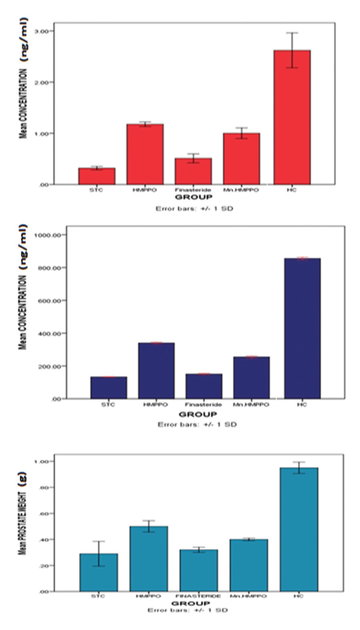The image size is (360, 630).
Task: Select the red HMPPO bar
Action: click(x=145, y=154)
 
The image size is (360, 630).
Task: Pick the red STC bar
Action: click(x=96, y=176)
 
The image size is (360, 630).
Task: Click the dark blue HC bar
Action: click(x=302, y=328)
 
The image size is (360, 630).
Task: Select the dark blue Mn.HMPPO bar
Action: click(x=251, y=377)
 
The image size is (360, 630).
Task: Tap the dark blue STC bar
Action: click(x=108, y=387)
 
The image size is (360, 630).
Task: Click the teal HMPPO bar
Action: click(x=148, y=558)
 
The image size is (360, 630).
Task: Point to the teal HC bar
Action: click(x=299, y=529)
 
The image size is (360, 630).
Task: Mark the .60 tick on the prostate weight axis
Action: click(x=44, y=513)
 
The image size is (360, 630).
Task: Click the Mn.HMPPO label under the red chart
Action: click(x=241, y=190)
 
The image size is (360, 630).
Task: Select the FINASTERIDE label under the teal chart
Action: click(x=198, y=596)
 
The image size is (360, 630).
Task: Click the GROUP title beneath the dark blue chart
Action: click(x=198, y=414)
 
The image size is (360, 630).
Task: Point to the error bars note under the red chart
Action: click(x=194, y=209)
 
